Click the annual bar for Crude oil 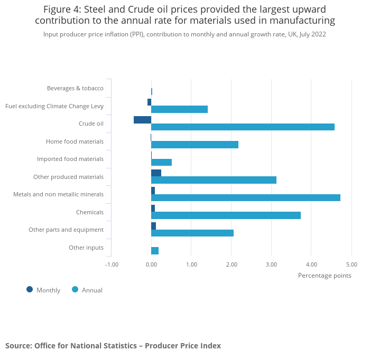243,127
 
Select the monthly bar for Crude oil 142,120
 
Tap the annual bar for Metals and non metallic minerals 246,197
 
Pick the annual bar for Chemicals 226,215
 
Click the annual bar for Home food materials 195,145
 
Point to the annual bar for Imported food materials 161,162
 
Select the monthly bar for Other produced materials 156,173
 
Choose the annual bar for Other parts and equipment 192,233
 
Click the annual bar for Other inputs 155,251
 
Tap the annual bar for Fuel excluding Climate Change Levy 179,109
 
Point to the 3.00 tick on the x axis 271,264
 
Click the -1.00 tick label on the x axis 112,264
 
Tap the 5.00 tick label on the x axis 351,264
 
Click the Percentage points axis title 324,275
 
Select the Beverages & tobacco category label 75,88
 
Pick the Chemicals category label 90,212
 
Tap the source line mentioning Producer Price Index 113,346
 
